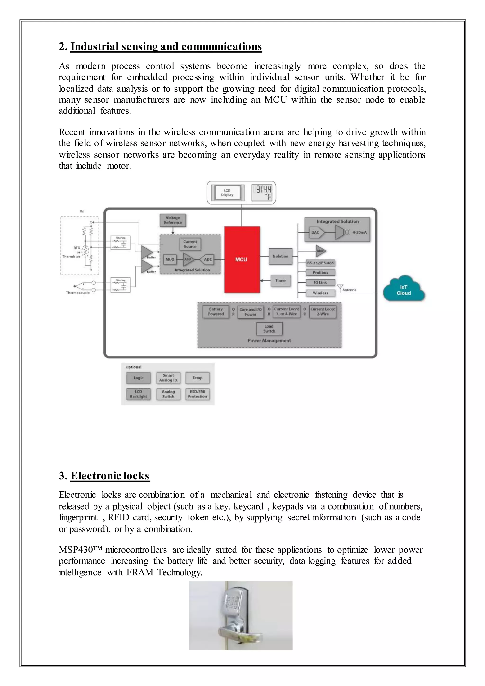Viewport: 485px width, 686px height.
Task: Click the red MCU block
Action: (x=242, y=259)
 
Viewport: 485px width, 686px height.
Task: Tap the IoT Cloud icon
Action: (x=404, y=289)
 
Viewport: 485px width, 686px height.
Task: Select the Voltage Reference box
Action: (x=173, y=220)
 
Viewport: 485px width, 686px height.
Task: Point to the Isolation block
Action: (x=280, y=256)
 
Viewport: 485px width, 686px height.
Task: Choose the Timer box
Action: (x=280, y=280)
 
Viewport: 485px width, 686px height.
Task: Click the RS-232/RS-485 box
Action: (x=320, y=263)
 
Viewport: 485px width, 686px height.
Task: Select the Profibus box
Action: (x=320, y=272)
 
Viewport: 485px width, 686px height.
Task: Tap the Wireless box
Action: (x=320, y=293)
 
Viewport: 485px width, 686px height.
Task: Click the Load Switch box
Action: (x=269, y=329)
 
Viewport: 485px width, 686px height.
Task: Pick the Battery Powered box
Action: (x=216, y=312)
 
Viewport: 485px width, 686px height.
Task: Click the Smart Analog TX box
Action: (x=168, y=378)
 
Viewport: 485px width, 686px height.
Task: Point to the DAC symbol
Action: (x=315, y=232)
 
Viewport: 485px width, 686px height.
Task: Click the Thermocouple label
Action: (x=78, y=293)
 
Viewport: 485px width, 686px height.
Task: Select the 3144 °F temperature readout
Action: (x=262, y=193)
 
